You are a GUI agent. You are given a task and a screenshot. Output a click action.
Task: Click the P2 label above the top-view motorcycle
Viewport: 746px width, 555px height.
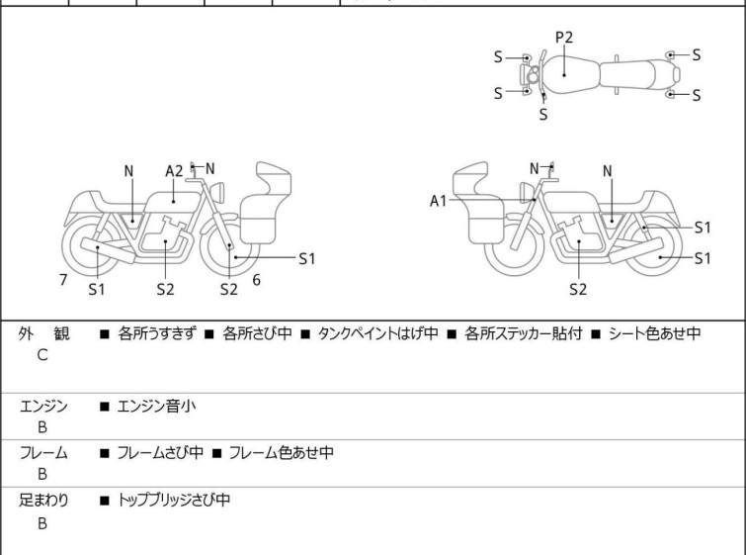coord(563,38)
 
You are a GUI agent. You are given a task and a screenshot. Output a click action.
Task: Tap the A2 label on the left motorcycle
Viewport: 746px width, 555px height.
coord(174,170)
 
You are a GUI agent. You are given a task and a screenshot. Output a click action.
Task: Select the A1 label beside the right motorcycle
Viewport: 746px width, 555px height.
coord(438,201)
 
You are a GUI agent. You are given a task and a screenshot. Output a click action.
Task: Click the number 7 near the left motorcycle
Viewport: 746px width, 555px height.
coord(63,280)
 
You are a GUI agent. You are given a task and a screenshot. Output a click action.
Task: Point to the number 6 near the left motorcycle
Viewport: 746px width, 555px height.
coord(256,280)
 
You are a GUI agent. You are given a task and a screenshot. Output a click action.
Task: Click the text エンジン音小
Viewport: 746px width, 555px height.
coord(157,405)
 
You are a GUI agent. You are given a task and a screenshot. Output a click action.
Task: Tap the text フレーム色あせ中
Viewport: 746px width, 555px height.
coord(281,452)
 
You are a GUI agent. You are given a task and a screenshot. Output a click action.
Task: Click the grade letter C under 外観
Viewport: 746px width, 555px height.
coord(41,355)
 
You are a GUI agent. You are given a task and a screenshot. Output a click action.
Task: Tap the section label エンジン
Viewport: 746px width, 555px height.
coord(43,405)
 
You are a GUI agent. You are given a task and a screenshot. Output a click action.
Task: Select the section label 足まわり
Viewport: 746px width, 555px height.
coord(43,500)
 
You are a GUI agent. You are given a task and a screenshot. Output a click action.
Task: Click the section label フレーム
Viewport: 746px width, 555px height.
coord(43,452)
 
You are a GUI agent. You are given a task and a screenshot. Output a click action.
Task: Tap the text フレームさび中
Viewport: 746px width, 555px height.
coord(160,452)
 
